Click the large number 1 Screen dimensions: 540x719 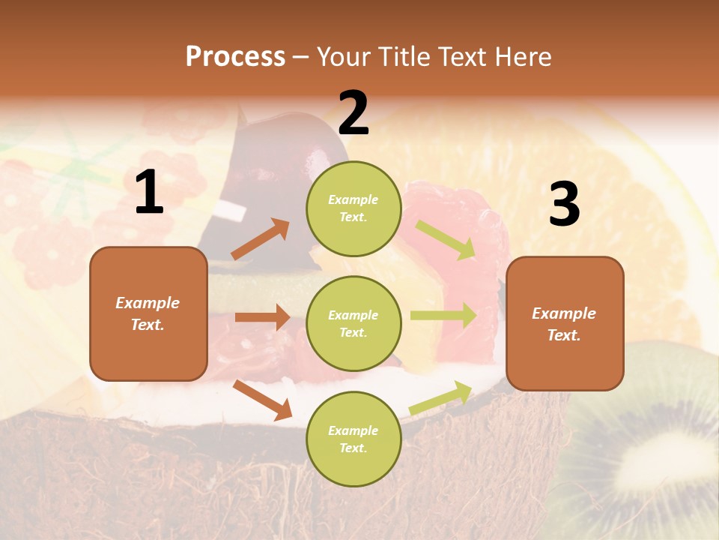(149, 193)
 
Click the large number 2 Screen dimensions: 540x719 (354, 113)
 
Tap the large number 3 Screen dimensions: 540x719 (564, 205)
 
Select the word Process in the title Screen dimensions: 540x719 (235, 56)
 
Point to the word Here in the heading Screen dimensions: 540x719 (522, 56)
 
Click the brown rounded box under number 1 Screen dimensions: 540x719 (148, 313)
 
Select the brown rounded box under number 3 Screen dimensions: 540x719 (565, 323)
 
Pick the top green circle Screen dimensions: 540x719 (354, 208)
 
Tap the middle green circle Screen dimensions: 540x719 (354, 323)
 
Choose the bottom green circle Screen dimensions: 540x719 (354, 439)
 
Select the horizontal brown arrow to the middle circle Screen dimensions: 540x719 (263, 317)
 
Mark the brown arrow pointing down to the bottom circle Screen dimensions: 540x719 (263, 400)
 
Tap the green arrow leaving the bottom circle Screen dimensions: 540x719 (441, 397)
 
